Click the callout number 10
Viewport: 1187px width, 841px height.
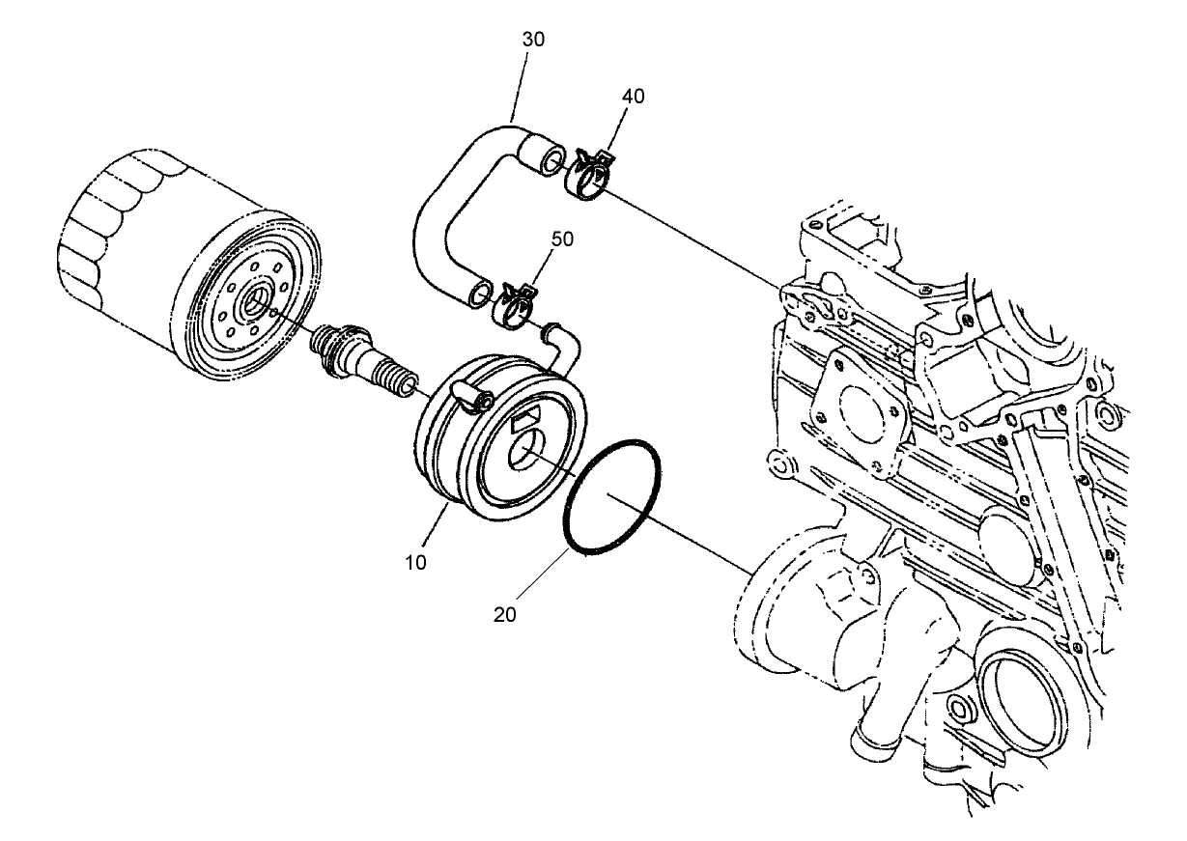click(x=416, y=562)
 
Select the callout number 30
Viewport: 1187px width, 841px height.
click(x=532, y=40)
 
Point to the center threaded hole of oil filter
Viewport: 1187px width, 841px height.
click(x=255, y=301)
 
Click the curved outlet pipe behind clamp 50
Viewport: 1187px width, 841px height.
click(x=560, y=342)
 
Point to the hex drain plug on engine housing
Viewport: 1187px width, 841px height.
click(x=959, y=709)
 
